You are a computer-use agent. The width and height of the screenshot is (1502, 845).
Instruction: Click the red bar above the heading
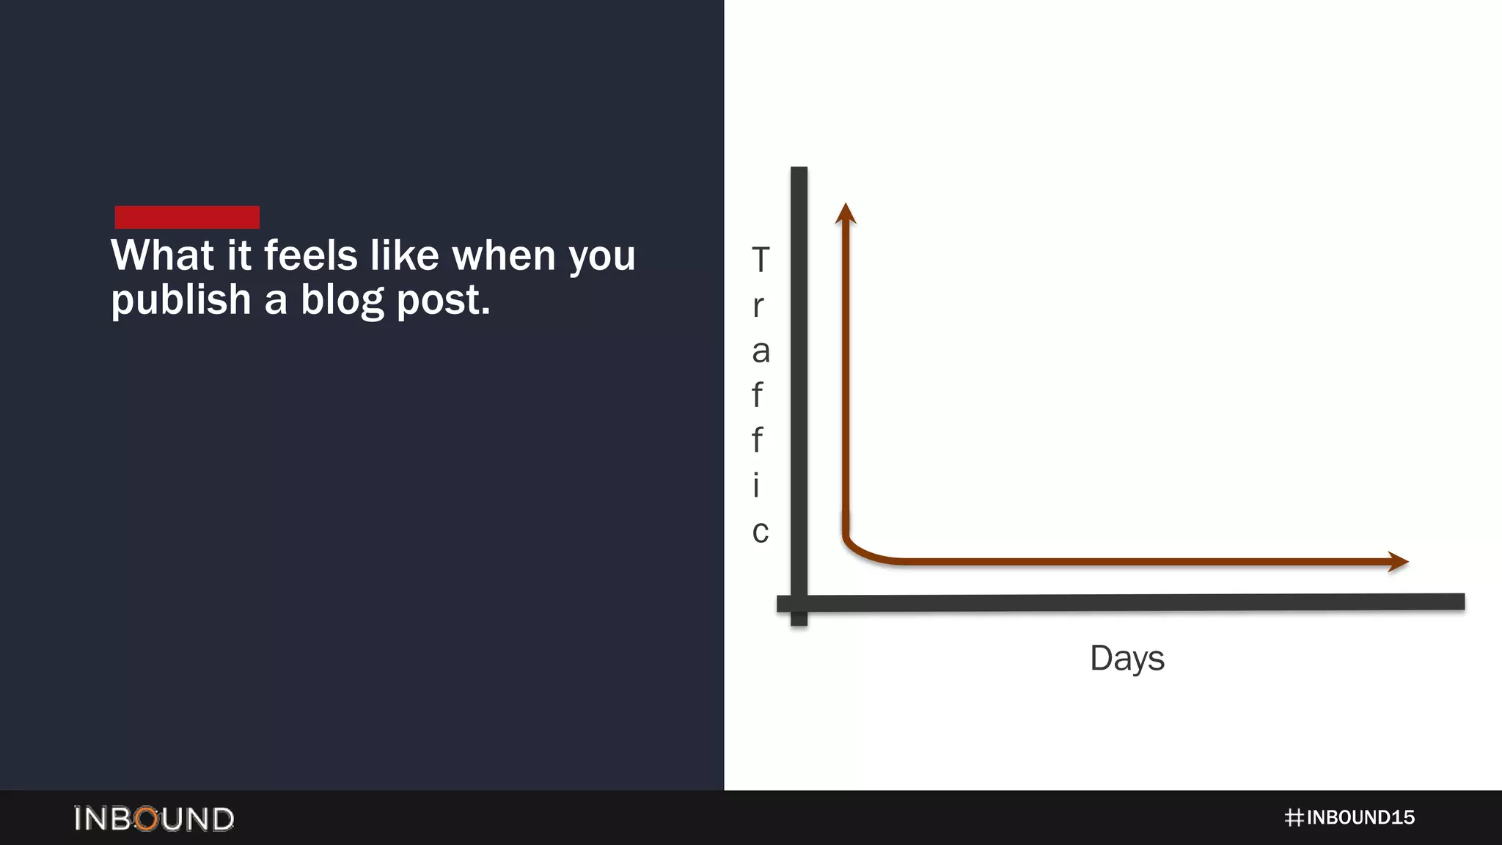(187, 217)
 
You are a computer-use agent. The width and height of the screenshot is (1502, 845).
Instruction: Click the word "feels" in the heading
(310, 256)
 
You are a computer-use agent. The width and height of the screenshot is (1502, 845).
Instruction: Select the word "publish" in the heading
(181, 301)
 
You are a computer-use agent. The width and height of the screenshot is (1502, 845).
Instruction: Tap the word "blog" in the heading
(342, 301)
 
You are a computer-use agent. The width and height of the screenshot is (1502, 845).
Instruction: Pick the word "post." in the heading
(443, 301)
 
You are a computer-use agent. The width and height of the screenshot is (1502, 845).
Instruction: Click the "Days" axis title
(1126, 658)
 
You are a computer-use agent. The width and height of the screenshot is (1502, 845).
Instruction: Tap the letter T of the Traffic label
(761, 260)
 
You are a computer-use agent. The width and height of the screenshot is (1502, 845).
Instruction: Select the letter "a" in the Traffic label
(761, 351)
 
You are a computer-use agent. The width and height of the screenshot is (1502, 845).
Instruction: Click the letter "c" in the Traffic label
(761, 531)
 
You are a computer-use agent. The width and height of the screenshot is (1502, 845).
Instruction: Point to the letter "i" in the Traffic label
(756, 485)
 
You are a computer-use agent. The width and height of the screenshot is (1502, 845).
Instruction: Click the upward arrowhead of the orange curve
(846, 213)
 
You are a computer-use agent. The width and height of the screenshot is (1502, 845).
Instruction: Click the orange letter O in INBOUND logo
(147, 819)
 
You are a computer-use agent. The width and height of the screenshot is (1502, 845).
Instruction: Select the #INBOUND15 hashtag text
(1349, 818)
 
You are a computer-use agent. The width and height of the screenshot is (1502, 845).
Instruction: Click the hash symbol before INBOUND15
(1294, 818)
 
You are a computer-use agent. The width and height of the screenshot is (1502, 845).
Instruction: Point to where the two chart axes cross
(799, 603)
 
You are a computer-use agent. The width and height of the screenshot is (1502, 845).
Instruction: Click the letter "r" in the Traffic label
(758, 306)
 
